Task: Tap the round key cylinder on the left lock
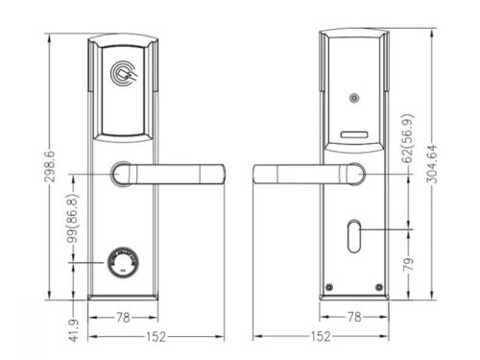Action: [122, 264]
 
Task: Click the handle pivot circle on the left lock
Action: [122, 175]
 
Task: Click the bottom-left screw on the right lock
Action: [329, 287]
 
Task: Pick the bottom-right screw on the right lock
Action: [381, 287]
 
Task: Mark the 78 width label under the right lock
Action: [354, 315]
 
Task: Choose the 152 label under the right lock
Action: [322, 337]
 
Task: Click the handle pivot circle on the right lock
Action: [355, 175]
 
